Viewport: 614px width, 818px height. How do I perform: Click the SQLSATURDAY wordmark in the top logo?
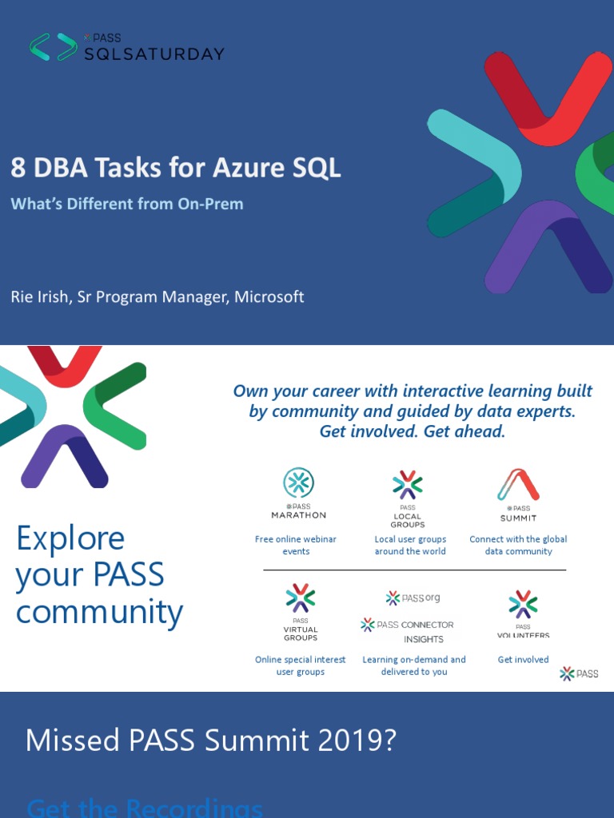coord(154,54)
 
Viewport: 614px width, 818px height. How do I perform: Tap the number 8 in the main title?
coord(18,168)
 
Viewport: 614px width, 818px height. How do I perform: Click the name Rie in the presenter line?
coord(23,296)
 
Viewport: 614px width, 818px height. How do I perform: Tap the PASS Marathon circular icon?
coord(298,483)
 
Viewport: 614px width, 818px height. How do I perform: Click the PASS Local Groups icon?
coord(408,485)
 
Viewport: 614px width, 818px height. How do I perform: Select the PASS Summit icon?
coord(518,485)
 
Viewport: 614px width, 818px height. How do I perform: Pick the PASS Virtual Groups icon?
coord(301,598)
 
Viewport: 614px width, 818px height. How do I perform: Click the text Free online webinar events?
coord(296,545)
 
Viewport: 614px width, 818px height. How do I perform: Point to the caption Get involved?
coord(523,659)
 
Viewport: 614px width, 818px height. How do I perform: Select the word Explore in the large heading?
coord(70,538)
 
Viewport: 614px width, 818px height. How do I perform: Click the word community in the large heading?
coord(99,612)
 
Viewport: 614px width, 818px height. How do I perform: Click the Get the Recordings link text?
coord(144,807)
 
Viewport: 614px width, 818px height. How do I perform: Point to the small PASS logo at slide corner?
coord(579,673)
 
